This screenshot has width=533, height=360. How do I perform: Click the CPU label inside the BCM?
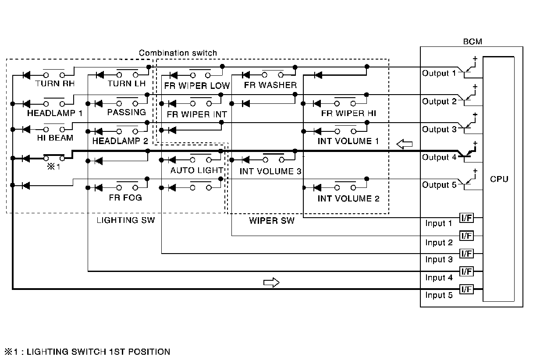(x=499, y=179)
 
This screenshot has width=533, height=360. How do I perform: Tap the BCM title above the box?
(x=473, y=42)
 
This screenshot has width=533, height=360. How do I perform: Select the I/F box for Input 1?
(x=466, y=218)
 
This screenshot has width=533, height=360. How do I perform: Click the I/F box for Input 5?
(x=466, y=289)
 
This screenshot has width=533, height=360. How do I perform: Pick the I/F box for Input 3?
(x=466, y=254)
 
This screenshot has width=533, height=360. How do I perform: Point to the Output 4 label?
(x=439, y=157)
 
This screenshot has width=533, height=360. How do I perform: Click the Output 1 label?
(x=439, y=73)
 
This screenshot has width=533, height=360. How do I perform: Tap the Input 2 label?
(x=439, y=243)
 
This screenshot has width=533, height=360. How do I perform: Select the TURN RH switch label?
(x=55, y=84)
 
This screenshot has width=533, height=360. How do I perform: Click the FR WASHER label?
(x=270, y=85)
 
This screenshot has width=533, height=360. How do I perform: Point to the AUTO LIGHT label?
(x=197, y=170)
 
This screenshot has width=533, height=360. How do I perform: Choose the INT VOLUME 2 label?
(x=348, y=198)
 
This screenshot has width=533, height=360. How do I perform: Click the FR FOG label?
(x=125, y=198)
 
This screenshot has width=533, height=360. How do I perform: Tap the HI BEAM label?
(x=55, y=138)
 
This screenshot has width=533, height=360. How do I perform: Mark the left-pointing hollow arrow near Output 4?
(x=404, y=144)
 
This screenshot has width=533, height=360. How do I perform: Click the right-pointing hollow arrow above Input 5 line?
(x=271, y=282)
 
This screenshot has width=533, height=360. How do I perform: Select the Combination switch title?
(x=178, y=53)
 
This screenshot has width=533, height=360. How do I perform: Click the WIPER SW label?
(x=272, y=220)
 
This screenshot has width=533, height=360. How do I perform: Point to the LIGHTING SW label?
(x=126, y=220)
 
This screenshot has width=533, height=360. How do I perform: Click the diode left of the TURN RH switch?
(x=26, y=75)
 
